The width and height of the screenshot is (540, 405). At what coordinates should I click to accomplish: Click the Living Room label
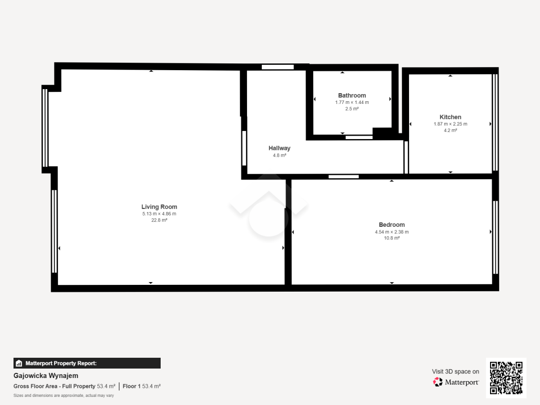pyautogui.click(x=159, y=207)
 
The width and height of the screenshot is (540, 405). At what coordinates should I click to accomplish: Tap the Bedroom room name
pyautogui.click(x=391, y=225)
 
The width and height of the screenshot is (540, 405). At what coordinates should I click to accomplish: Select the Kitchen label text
pyautogui.click(x=450, y=117)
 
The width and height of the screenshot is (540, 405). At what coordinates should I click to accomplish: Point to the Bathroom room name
pyautogui.click(x=352, y=95)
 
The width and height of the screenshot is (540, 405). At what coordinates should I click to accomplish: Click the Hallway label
pyautogui.click(x=279, y=148)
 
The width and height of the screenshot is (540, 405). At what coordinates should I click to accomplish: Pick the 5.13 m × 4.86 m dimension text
pyautogui.click(x=159, y=214)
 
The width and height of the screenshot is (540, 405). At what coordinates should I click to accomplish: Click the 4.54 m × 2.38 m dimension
pyautogui.click(x=391, y=232)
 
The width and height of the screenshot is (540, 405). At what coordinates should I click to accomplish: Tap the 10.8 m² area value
pyautogui.click(x=391, y=238)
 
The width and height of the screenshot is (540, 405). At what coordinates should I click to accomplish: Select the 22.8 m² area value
pyautogui.click(x=159, y=220)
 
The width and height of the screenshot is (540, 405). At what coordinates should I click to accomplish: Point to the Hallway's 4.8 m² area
pyautogui.click(x=279, y=155)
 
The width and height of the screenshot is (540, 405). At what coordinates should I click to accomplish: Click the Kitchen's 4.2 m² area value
pyautogui.click(x=450, y=130)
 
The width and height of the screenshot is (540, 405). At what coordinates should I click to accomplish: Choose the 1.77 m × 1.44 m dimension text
pyautogui.click(x=352, y=102)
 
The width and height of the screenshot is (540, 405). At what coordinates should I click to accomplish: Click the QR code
pyautogui.click(x=506, y=378)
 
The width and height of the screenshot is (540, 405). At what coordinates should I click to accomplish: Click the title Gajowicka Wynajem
pyautogui.click(x=46, y=376)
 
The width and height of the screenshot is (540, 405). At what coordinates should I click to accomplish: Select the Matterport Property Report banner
pyautogui.click(x=87, y=363)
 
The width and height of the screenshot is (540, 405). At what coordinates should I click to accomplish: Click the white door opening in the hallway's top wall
pyautogui.click(x=278, y=67)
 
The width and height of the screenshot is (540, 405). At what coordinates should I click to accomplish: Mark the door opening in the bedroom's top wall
pyautogui.click(x=343, y=176)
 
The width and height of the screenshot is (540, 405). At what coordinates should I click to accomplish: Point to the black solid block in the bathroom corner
pyautogui.click(x=382, y=134)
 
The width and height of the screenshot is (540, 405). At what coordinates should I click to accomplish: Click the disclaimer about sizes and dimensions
pyautogui.click(x=63, y=396)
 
